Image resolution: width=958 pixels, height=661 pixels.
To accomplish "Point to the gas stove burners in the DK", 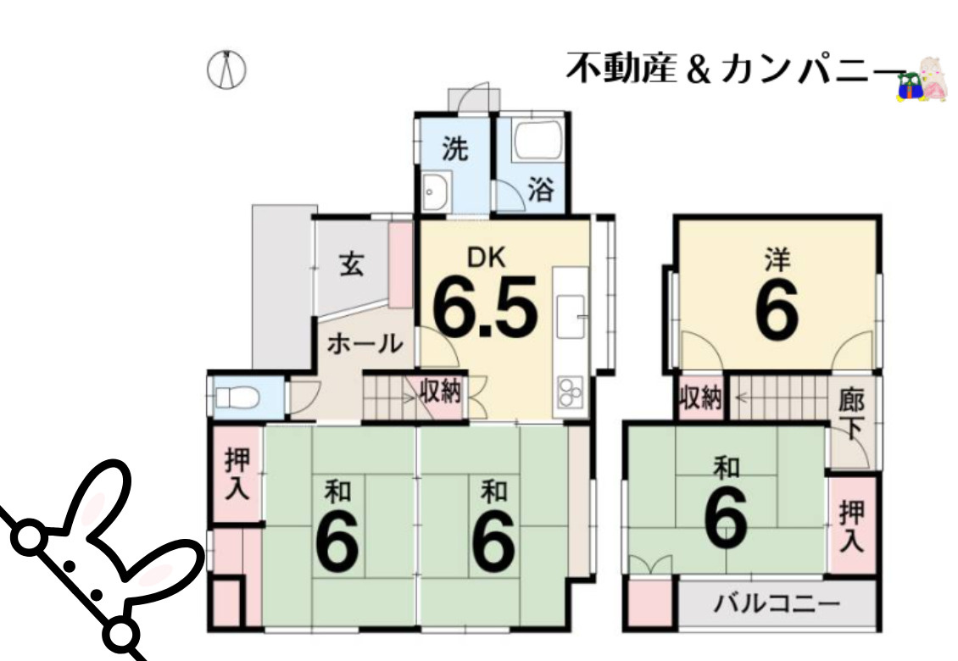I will (569, 392).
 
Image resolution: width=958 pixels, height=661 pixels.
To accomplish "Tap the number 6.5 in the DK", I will (485, 308).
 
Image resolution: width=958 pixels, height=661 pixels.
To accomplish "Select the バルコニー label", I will (776, 603).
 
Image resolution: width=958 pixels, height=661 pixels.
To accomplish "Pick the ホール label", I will (365, 343).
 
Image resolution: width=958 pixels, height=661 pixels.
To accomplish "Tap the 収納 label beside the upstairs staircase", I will (700, 397).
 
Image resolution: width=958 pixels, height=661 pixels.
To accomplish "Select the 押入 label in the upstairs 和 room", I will (851, 525).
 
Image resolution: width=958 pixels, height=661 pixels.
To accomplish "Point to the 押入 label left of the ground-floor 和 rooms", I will (237, 473).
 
